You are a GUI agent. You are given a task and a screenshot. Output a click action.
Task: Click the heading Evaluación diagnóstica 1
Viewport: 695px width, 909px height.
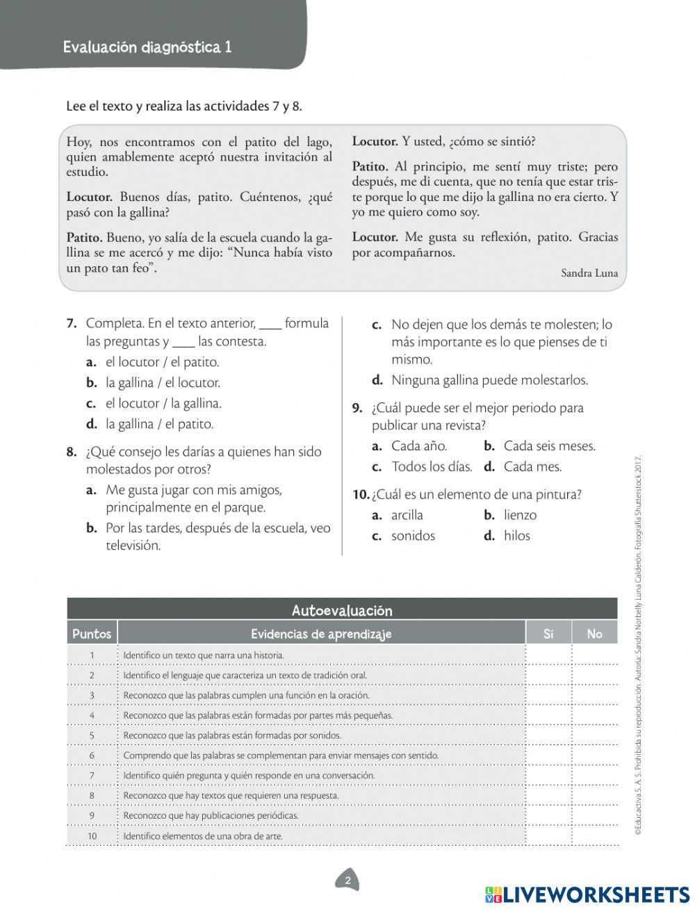point(147,47)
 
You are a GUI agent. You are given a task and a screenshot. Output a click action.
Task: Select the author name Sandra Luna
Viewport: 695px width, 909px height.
point(589,273)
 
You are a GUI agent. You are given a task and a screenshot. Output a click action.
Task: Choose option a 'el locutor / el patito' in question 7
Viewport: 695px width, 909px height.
point(162,362)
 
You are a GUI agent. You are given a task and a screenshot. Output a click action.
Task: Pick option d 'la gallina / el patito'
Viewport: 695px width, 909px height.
point(159,424)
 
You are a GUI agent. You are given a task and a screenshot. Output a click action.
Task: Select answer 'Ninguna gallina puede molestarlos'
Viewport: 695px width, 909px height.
point(489,380)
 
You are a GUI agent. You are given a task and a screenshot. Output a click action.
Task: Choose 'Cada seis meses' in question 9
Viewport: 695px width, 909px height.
point(549,446)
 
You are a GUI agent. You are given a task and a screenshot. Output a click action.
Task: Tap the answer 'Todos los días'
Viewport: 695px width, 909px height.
point(431,467)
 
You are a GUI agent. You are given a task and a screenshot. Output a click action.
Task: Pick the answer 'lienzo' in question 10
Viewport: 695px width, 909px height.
point(520,515)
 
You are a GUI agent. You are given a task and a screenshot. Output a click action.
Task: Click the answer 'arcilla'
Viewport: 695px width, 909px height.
point(407,515)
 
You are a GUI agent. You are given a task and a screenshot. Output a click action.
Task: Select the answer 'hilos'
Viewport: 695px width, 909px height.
point(516,536)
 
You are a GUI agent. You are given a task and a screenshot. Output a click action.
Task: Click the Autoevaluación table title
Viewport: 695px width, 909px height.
point(342,610)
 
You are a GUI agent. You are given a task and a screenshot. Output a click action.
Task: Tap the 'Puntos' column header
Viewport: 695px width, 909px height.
point(92,634)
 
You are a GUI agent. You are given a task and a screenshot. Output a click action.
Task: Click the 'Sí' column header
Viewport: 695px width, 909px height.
point(548,634)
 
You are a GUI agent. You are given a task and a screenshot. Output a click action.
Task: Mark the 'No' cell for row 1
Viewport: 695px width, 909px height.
point(594,655)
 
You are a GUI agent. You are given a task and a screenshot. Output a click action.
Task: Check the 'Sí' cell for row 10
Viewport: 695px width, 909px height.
point(548,836)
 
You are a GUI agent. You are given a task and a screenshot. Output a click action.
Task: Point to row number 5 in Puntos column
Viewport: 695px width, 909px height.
point(92,735)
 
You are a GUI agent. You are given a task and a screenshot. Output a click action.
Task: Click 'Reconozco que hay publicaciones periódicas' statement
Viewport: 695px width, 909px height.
point(211,816)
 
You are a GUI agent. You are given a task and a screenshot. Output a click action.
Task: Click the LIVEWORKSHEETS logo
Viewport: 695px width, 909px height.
point(587,894)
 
